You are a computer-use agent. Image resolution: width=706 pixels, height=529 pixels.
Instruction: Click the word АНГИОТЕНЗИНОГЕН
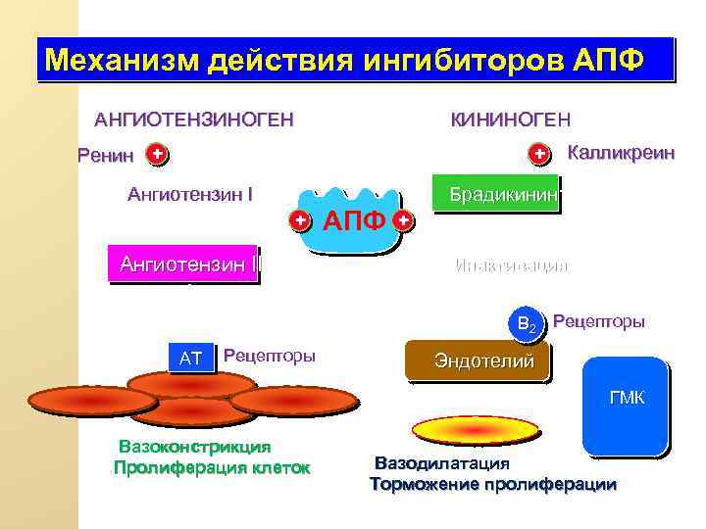click(193, 120)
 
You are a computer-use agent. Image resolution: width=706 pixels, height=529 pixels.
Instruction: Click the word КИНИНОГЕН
click(509, 120)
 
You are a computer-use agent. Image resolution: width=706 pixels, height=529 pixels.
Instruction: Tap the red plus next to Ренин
click(156, 154)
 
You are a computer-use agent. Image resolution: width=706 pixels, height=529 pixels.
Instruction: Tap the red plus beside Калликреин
click(538, 154)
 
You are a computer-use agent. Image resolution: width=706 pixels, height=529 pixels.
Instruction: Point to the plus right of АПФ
click(403, 220)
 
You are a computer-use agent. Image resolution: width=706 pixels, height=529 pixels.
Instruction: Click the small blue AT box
click(190, 359)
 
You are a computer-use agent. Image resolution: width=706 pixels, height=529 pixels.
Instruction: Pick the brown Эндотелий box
click(478, 361)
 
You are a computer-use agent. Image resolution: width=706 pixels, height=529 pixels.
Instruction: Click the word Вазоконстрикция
click(194, 447)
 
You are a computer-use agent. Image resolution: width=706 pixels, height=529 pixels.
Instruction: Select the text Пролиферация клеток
click(212, 467)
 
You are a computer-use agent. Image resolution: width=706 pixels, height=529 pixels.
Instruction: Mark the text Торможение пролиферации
click(493, 484)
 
